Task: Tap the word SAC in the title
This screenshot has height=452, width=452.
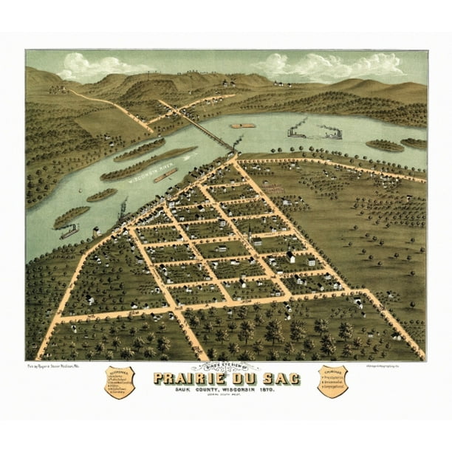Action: (x=281, y=380)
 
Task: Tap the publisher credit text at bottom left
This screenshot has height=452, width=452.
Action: (x=58, y=366)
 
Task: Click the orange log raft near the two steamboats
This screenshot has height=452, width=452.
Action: (x=243, y=126)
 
